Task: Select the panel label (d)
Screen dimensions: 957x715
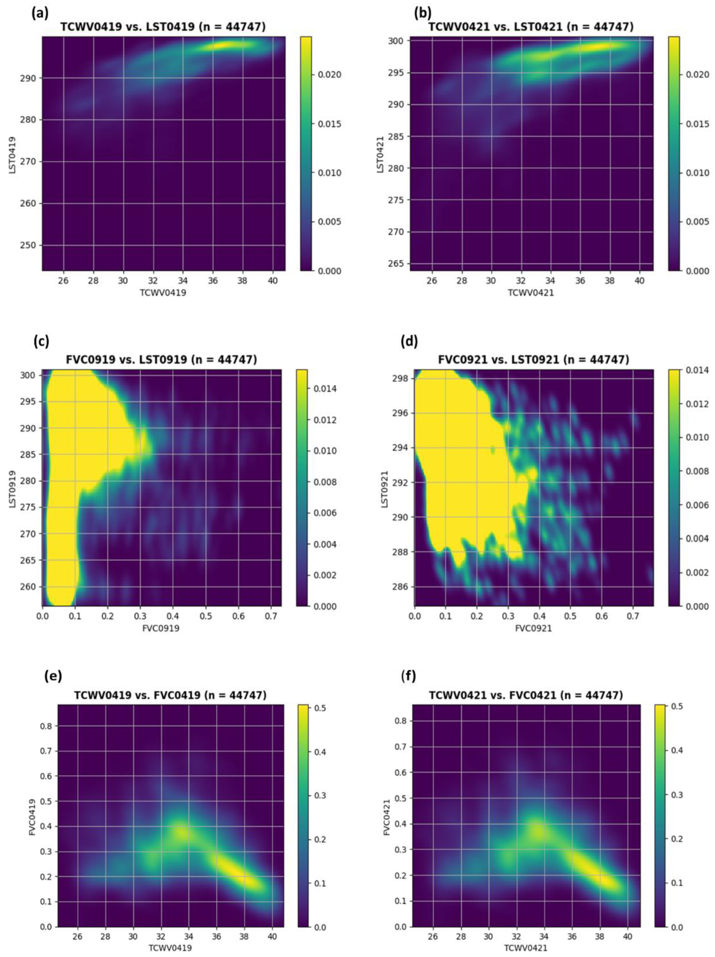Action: tap(409, 341)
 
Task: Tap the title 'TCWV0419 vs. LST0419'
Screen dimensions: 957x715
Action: tap(163, 27)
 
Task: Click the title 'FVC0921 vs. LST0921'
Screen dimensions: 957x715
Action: tap(533, 360)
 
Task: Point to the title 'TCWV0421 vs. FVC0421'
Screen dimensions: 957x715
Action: tap(526, 695)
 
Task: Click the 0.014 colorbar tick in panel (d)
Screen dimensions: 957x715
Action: tap(697, 370)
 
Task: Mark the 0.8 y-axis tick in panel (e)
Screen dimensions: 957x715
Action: tap(46, 726)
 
